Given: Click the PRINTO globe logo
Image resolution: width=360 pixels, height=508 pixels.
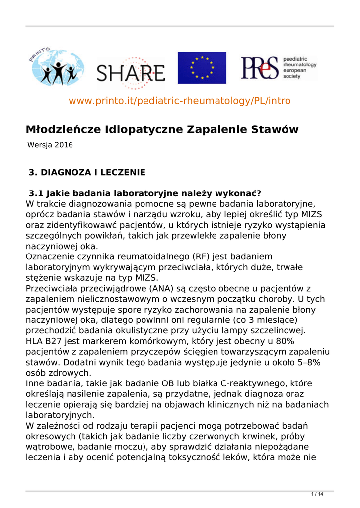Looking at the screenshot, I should (55, 67).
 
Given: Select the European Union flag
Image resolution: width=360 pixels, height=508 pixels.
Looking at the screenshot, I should (202, 67).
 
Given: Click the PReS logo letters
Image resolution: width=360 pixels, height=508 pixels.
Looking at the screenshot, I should (259, 68).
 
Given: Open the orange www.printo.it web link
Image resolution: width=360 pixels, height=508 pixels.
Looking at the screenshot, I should (179, 101).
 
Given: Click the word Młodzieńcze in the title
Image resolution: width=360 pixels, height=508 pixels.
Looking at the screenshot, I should (64, 130).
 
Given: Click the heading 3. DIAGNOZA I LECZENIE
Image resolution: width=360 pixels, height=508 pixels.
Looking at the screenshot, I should (87, 173).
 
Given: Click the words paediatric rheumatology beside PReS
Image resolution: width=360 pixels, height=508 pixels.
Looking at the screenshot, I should (299, 62).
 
